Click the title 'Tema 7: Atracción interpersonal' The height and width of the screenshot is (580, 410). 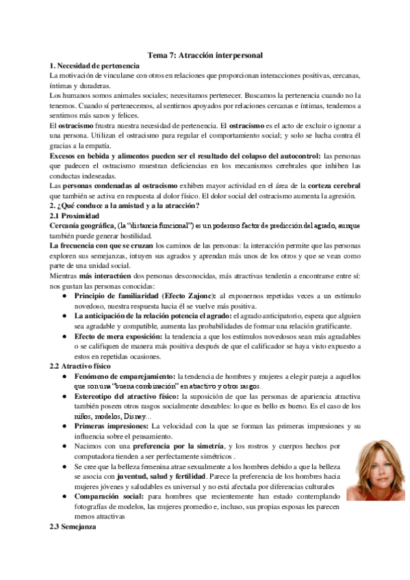205,54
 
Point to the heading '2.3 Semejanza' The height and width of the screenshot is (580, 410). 73,528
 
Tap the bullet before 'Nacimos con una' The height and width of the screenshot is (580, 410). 64,447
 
